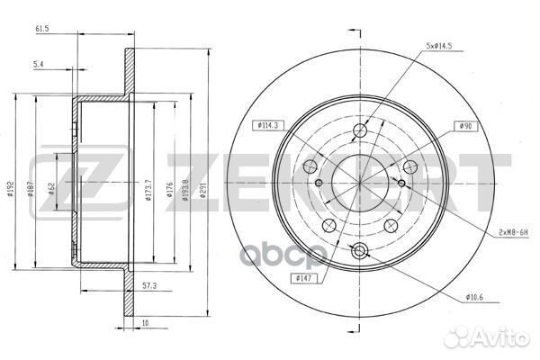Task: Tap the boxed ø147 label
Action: (x=303, y=278)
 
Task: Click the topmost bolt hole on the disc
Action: (x=359, y=131)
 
